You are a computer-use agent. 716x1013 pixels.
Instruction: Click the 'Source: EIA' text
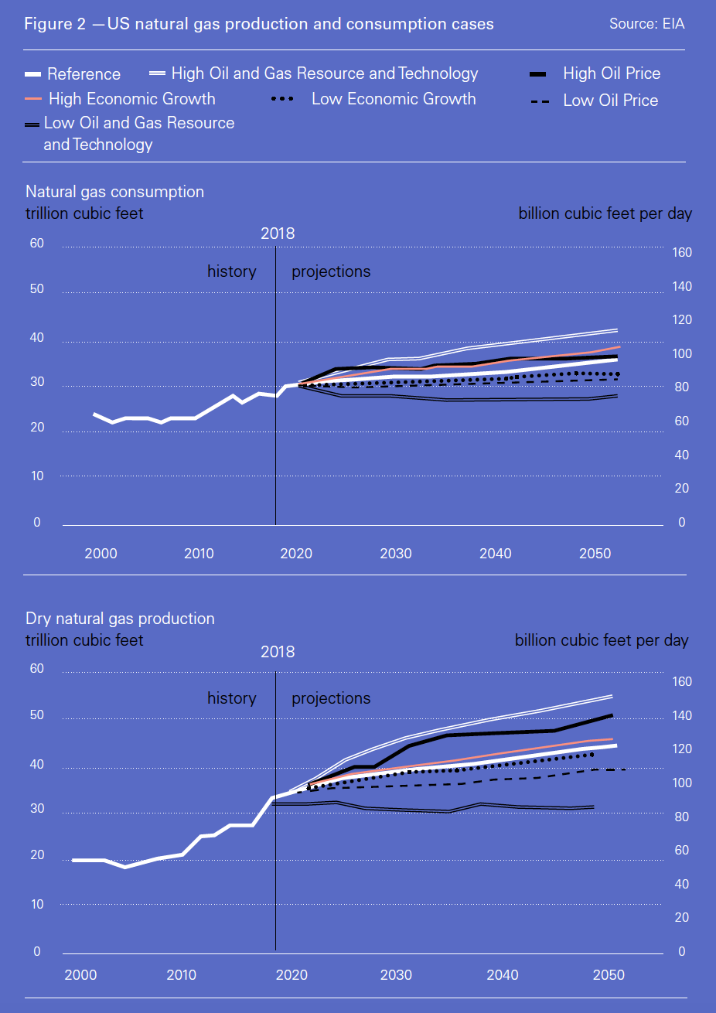[x=646, y=24]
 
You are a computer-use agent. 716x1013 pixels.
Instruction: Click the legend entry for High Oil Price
[x=611, y=73]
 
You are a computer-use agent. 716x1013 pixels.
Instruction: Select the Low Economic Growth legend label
[x=393, y=99]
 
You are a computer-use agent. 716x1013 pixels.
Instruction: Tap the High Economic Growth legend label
[x=131, y=99]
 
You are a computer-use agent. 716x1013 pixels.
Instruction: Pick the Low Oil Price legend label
[x=610, y=101]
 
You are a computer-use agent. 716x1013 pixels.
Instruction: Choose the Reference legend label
[x=84, y=74]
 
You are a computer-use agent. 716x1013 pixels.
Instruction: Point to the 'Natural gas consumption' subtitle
[x=114, y=192]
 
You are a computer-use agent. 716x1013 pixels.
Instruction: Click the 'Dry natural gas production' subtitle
[x=120, y=619]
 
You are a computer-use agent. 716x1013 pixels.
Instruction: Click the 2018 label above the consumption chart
[x=278, y=234]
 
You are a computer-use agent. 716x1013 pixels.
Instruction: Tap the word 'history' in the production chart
[x=231, y=698]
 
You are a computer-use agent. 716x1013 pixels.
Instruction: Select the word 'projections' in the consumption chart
[x=331, y=271]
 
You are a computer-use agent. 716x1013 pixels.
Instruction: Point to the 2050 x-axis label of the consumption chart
[x=595, y=554]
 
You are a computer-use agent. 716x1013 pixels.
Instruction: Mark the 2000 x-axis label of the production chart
[x=80, y=975]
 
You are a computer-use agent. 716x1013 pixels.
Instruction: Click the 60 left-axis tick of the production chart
[x=36, y=669]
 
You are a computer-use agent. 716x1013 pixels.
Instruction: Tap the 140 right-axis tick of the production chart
[x=681, y=716]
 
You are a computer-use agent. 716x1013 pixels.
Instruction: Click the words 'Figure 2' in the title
[x=55, y=24]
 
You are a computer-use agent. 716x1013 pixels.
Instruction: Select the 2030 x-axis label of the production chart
[x=396, y=975]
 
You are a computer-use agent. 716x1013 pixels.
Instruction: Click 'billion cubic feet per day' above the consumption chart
[x=605, y=213]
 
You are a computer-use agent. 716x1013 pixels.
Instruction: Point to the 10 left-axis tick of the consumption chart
[x=37, y=476]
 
